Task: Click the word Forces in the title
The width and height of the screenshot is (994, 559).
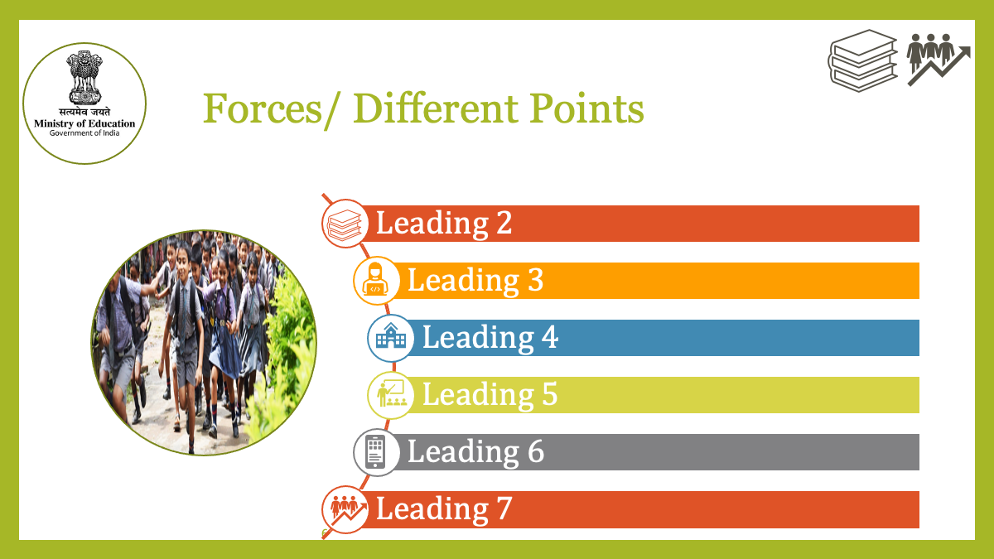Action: (263, 109)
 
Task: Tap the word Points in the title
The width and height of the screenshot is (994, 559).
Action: (586, 108)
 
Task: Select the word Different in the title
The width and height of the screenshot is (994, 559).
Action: (436, 108)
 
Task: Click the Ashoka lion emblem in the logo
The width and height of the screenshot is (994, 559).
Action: (84, 78)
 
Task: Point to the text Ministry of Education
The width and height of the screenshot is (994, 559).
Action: (84, 123)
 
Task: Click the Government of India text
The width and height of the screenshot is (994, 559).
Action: (84, 133)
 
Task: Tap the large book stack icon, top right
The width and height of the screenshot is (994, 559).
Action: (862, 60)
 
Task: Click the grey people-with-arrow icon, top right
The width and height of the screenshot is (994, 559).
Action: (938, 60)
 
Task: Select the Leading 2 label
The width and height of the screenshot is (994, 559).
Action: (444, 223)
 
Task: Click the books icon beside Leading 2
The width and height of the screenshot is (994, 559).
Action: (345, 224)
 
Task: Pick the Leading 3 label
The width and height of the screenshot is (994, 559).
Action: (475, 280)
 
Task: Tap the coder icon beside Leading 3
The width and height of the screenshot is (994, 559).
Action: (375, 280)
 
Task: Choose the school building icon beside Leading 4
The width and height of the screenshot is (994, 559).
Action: (390, 336)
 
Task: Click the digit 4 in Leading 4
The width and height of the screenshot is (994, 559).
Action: (550, 337)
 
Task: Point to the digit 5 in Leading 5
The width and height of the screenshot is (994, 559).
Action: (550, 394)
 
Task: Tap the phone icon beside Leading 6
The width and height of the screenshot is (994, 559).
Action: (375, 451)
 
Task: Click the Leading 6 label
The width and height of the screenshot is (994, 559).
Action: (475, 451)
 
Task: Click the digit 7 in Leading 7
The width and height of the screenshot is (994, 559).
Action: (504, 508)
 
